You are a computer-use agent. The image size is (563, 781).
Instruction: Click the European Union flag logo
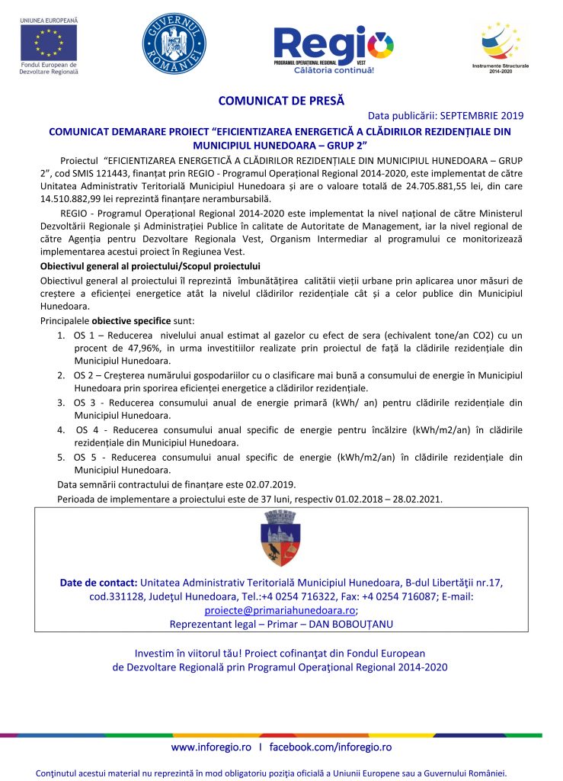click(x=50, y=42)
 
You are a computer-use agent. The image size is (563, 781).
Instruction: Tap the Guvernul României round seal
click(x=174, y=44)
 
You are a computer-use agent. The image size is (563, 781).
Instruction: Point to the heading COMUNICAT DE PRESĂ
click(x=281, y=100)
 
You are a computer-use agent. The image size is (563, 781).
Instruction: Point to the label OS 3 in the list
click(x=85, y=403)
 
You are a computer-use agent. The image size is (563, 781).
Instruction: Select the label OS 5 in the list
click(x=85, y=458)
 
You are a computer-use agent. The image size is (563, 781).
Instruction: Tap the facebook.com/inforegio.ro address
click(x=331, y=747)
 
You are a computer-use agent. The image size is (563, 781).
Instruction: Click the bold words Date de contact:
click(x=98, y=583)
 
